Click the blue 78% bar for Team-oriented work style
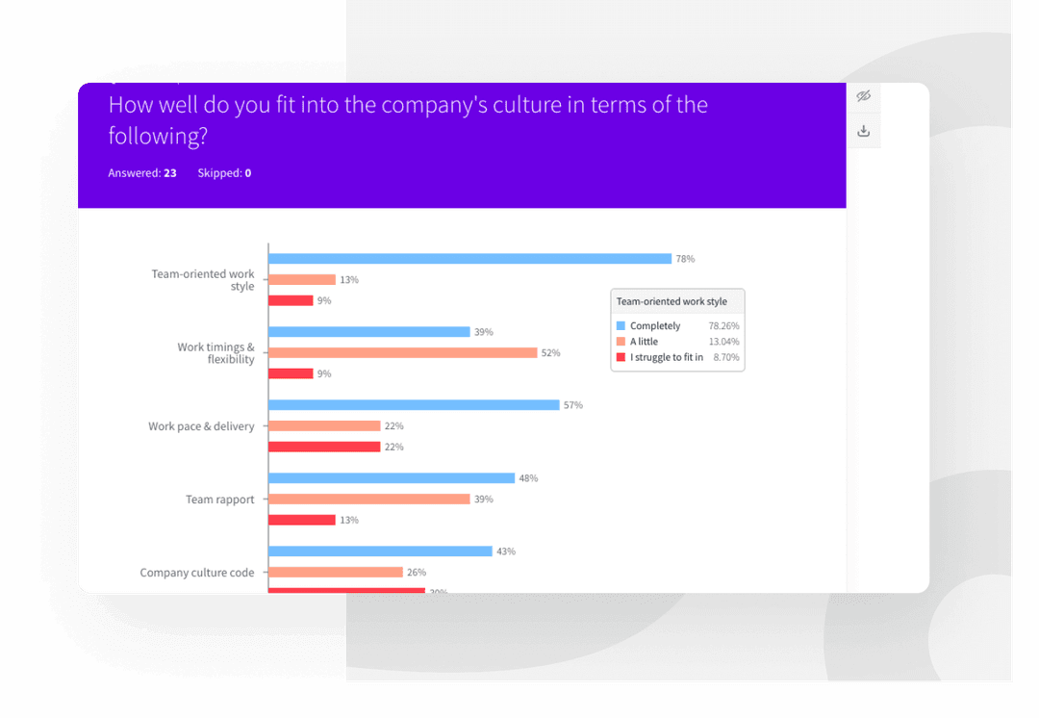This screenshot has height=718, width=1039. point(469,259)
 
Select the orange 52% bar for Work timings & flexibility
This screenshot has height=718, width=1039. point(402,353)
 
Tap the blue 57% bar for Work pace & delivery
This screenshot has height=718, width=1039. point(414,405)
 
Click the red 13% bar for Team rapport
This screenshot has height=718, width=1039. point(302,520)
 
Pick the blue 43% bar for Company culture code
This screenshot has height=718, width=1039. point(380,551)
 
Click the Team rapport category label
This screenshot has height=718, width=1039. point(219,500)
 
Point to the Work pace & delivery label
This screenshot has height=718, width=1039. point(201,426)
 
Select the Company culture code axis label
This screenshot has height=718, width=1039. point(197,573)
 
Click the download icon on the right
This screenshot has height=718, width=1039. point(863,131)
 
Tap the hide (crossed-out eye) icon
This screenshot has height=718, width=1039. point(863,96)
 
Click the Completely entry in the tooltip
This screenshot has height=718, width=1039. point(654,326)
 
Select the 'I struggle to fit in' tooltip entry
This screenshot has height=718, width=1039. point(666,357)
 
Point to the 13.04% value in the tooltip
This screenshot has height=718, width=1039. point(723,342)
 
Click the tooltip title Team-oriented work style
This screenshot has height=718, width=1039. point(672,301)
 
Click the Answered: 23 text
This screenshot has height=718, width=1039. point(141,173)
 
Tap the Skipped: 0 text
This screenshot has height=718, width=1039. point(224,173)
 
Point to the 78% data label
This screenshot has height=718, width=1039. point(685,259)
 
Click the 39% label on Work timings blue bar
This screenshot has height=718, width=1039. point(483,332)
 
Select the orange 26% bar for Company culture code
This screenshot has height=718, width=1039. point(335,573)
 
